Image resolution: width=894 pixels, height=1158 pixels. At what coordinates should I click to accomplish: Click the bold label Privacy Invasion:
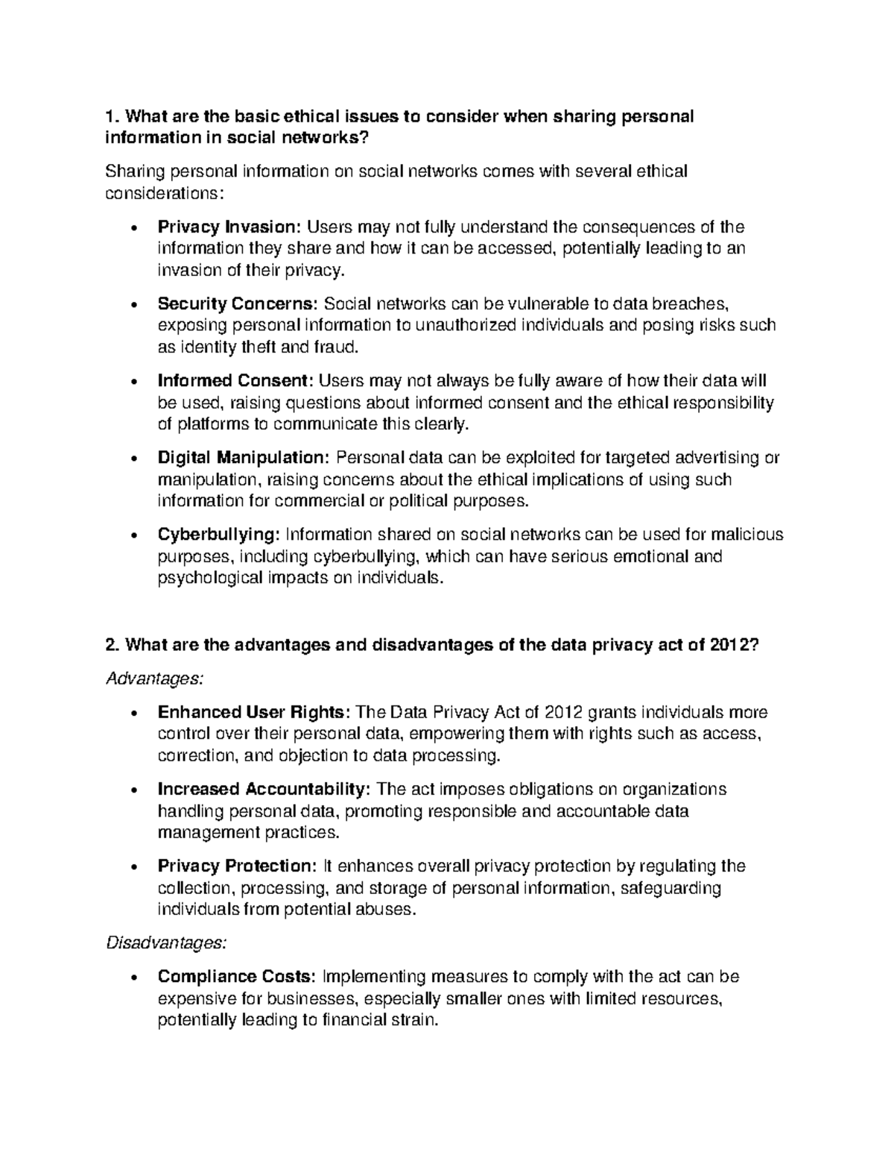(x=229, y=227)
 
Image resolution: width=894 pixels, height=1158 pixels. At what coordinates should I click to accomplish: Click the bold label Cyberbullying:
(x=219, y=535)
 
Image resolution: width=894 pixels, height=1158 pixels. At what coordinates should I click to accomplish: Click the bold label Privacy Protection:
(x=237, y=866)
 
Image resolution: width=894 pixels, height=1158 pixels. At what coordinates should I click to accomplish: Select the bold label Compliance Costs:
(x=238, y=977)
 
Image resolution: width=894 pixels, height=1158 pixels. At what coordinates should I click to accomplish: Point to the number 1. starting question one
(x=112, y=116)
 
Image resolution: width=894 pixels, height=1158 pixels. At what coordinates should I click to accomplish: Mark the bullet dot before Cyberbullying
(x=133, y=536)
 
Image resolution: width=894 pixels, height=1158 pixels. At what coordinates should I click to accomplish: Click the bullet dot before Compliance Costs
(x=133, y=978)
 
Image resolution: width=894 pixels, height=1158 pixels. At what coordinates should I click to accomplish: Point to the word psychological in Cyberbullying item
(x=209, y=578)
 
